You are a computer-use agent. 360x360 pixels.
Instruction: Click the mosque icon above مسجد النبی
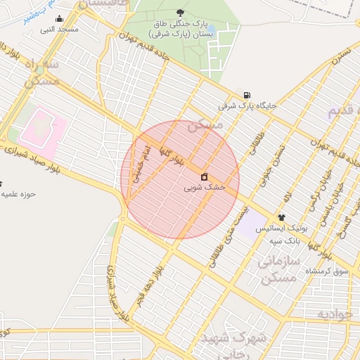tap(58, 19)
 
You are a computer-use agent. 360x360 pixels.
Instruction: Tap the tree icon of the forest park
tap(181, 13)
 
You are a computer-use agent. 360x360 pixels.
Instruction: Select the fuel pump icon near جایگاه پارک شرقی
tap(246, 95)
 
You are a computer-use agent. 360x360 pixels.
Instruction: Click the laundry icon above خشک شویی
tap(205, 176)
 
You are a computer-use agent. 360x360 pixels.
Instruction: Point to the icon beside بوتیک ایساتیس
tap(282, 217)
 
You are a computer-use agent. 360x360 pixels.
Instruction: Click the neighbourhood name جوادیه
tap(334, 313)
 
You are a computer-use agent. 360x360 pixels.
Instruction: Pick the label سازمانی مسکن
tap(280, 270)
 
